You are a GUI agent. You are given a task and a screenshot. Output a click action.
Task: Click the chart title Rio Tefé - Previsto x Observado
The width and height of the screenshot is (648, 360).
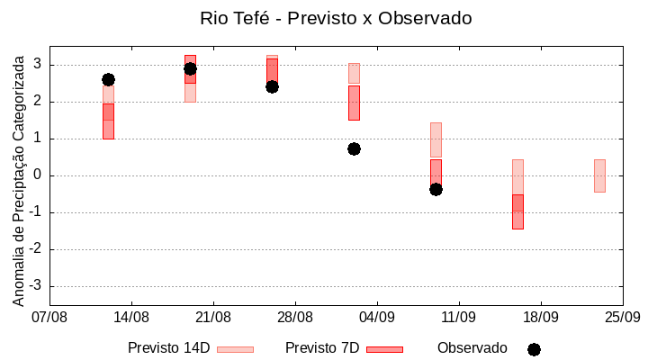coord(336,18)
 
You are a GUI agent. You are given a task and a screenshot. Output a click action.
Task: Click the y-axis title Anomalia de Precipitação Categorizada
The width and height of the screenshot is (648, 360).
coord(19,178)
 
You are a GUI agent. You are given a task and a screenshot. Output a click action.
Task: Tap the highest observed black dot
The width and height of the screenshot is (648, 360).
coord(190,68)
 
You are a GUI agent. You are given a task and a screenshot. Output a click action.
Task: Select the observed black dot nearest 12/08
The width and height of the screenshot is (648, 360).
coord(108,80)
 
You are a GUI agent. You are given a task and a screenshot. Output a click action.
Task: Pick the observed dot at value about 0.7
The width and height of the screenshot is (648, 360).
coord(354,148)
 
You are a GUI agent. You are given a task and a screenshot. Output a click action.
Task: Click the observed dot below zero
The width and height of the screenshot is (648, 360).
coord(436,189)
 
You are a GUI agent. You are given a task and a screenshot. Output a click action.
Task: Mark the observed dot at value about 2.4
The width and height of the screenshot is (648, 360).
coord(272,86)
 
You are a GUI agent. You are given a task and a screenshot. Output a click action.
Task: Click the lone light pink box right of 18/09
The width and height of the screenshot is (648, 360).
coord(599,175)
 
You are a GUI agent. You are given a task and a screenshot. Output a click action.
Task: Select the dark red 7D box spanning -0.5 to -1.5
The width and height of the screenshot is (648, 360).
coord(517,212)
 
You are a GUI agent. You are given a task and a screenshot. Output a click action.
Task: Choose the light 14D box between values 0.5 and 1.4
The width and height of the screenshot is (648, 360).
coord(436,140)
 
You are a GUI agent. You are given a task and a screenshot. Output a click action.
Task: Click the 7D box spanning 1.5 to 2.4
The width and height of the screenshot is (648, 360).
coord(354,103)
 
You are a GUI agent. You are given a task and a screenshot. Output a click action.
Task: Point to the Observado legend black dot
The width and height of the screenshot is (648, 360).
coord(534,349)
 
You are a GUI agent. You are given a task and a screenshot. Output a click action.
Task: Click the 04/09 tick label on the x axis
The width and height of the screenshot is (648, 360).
coord(377,317)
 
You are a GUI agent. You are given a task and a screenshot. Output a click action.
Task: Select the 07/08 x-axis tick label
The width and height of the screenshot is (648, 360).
coord(49,317)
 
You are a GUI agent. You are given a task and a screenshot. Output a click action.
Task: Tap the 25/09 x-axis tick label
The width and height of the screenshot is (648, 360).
coord(622,317)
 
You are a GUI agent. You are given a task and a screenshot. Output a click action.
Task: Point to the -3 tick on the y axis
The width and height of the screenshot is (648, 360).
coord(36,286)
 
